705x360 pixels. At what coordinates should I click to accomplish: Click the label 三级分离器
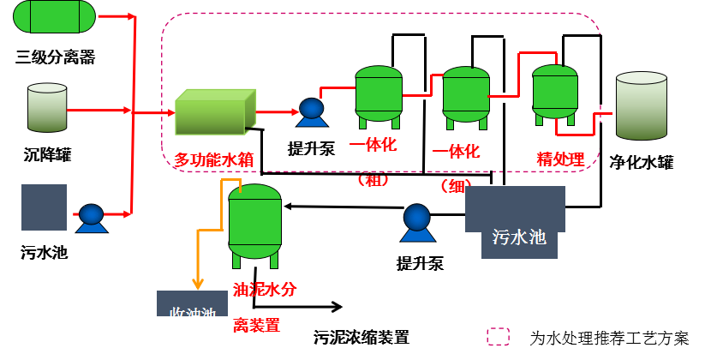click(55, 57)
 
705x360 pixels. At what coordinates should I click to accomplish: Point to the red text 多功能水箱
click(213, 159)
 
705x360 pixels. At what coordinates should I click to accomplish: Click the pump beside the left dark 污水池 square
click(90, 218)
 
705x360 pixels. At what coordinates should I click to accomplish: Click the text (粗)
click(374, 179)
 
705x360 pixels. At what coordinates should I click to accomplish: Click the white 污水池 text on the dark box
click(519, 237)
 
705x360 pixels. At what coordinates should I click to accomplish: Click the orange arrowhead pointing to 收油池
click(199, 284)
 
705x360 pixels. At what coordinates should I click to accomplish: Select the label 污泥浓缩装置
click(361, 337)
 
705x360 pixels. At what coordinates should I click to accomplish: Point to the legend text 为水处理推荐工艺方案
click(609, 338)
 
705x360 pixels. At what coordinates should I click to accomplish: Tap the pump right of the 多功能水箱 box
click(309, 109)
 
